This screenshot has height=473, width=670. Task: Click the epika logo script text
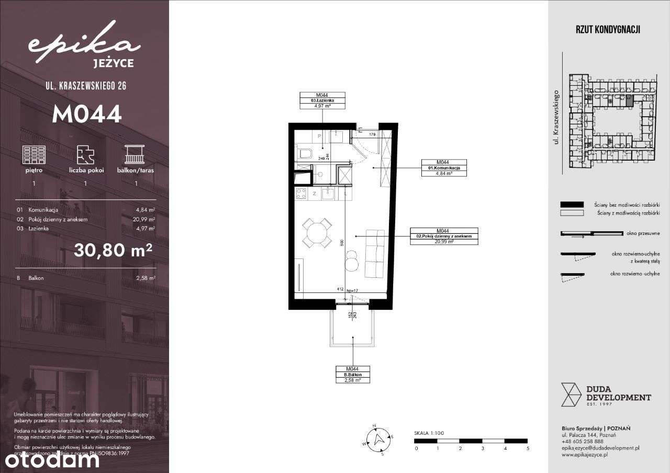84,46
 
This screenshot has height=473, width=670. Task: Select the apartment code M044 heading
86,114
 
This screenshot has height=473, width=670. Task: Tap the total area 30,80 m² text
113,251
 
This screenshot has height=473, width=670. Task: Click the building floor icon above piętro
33,155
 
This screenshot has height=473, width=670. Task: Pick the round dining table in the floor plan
317,233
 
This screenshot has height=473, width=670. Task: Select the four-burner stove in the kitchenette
301,194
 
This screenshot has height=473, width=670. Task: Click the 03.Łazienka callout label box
321,100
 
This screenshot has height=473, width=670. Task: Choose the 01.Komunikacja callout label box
444,168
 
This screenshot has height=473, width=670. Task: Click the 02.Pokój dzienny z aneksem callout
444,236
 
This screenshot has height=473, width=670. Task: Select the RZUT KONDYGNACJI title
608,30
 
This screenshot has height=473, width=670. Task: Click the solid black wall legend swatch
572,205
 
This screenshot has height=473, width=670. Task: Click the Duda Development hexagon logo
571,395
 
